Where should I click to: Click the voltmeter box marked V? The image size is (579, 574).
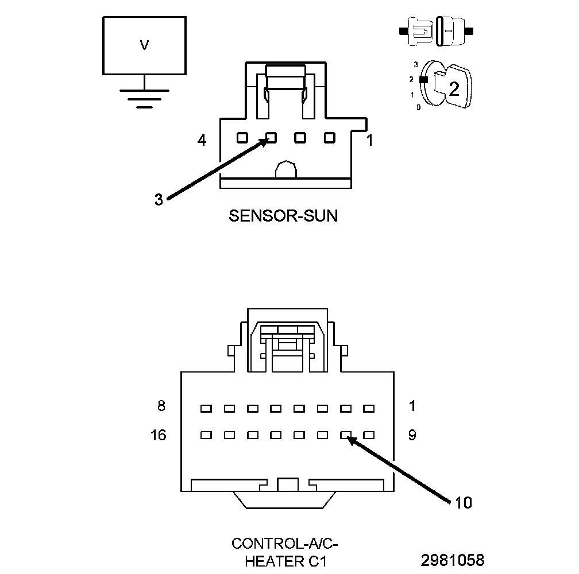point(144,46)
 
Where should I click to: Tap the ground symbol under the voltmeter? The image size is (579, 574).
point(144,98)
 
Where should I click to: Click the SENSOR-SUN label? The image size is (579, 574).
point(283,216)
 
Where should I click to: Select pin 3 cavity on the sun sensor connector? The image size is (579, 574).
point(271,138)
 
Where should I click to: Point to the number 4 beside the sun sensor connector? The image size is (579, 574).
point(202,139)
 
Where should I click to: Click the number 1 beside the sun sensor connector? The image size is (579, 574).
point(370,139)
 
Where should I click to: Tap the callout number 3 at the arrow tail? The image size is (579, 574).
point(159,200)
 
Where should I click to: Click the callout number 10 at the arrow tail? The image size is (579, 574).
point(463,503)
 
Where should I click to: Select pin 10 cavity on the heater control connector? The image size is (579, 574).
point(346,435)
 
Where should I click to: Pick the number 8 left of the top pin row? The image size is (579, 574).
point(161,406)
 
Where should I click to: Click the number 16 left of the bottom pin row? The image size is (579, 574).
point(159,435)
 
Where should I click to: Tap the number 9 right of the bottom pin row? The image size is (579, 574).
point(412,435)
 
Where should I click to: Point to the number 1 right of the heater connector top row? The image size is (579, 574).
point(412,406)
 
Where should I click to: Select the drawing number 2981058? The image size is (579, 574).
point(453,560)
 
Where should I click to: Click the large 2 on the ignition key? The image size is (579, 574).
point(454,89)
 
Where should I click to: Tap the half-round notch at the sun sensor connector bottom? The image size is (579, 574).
point(286,170)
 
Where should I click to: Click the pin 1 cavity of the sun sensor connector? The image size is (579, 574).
point(329,138)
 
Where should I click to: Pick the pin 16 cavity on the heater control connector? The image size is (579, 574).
point(206,435)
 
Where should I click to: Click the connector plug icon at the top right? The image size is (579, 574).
point(438,30)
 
